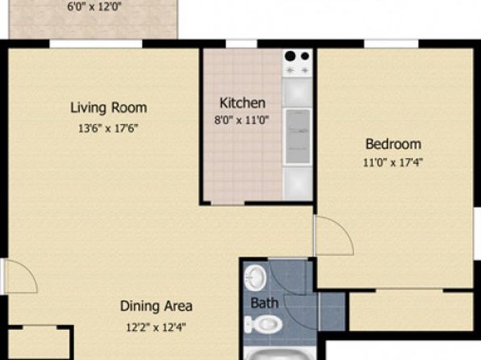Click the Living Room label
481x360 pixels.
tap(109, 108)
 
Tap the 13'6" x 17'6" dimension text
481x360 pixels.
tap(108, 128)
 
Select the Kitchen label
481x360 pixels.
tap(242, 103)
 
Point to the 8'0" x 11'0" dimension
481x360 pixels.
tap(242, 119)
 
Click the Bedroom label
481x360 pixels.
tap(393, 144)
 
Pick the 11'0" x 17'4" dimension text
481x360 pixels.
tap(393, 162)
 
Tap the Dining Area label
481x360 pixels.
tap(156, 306)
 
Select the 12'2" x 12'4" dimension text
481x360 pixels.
tap(156, 327)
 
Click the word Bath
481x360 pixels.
tap(265, 303)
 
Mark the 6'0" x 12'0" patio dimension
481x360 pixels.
tap(94, 6)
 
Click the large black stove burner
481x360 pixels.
tap(290, 57)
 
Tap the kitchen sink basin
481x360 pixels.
tap(297, 136)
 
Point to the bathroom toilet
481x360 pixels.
tap(264, 324)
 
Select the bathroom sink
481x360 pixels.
tap(255, 278)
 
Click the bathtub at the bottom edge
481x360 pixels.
tap(280, 354)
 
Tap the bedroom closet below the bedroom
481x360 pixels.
tap(411, 312)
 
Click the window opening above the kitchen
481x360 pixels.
tap(241, 44)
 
